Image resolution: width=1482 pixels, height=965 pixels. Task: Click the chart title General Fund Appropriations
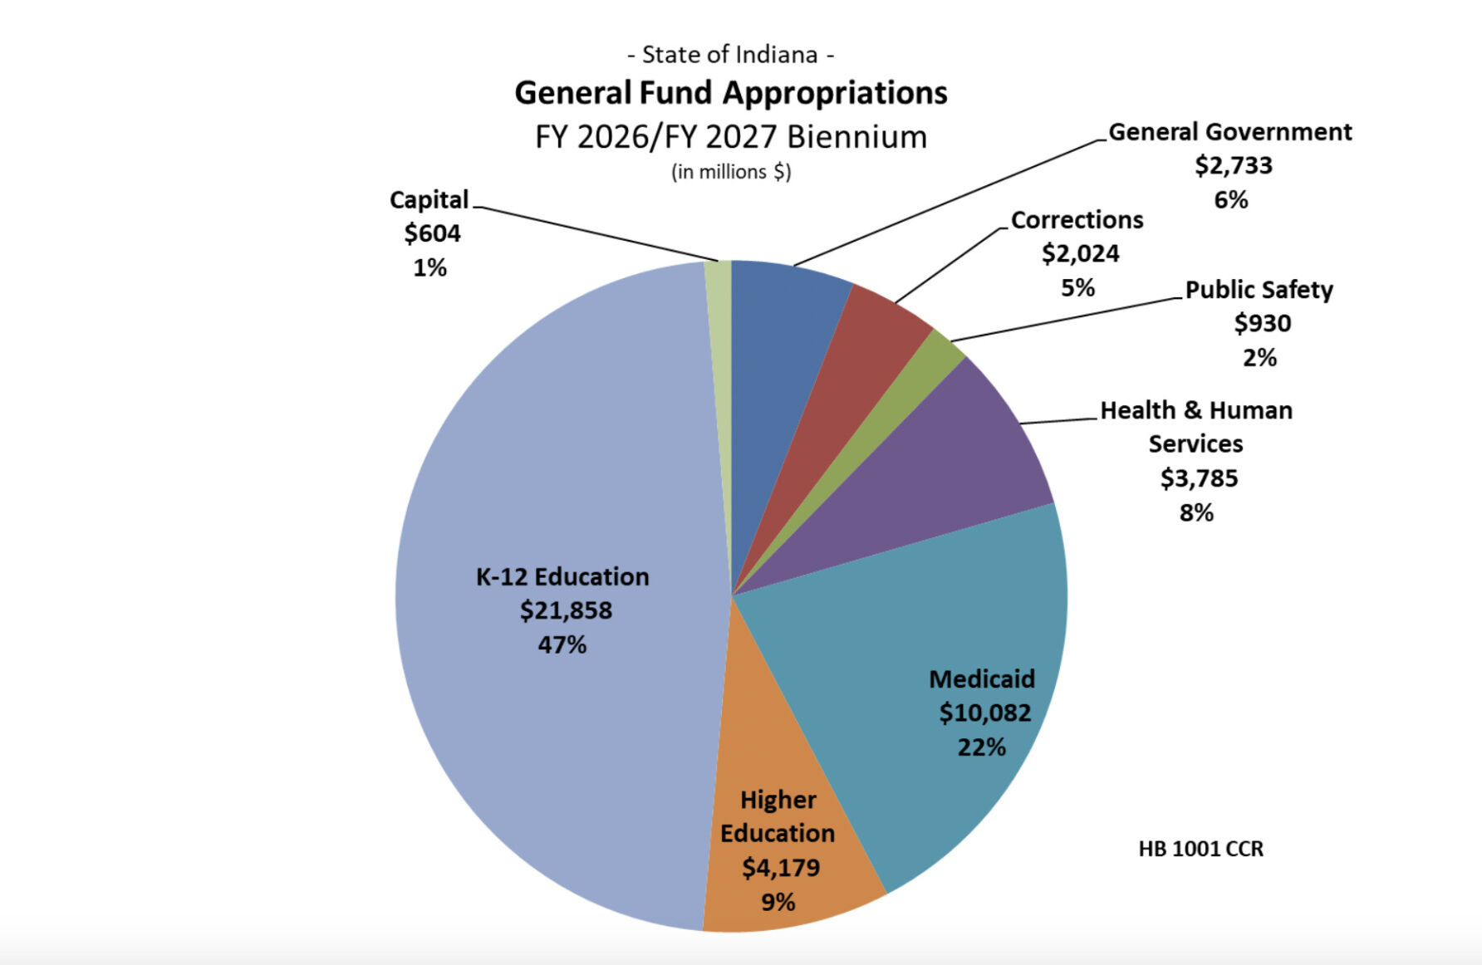pyautogui.click(x=731, y=93)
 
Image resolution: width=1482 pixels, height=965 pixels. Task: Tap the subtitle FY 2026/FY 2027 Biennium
pyautogui.click(x=731, y=137)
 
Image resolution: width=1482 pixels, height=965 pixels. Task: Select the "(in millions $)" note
pyautogui.click(x=731, y=172)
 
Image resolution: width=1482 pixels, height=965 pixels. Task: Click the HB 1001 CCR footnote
pyautogui.click(x=1200, y=849)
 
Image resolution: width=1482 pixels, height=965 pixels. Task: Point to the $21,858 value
pyautogui.click(x=566, y=610)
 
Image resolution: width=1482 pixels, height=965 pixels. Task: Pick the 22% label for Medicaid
pyautogui.click(x=982, y=747)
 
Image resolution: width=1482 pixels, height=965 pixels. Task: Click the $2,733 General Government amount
pyautogui.click(x=1234, y=166)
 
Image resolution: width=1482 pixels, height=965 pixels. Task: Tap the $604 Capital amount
pyautogui.click(x=432, y=233)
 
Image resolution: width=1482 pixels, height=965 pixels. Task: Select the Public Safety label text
pyautogui.click(x=1259, y=290)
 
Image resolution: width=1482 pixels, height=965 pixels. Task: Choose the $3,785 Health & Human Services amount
pyautogui.click(x=1199, y=478)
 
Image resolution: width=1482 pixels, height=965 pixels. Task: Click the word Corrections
pyautogui.click(x=1077, y=220)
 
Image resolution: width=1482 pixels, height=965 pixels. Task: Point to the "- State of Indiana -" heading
pyautogui.click(x=731, y=55)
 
